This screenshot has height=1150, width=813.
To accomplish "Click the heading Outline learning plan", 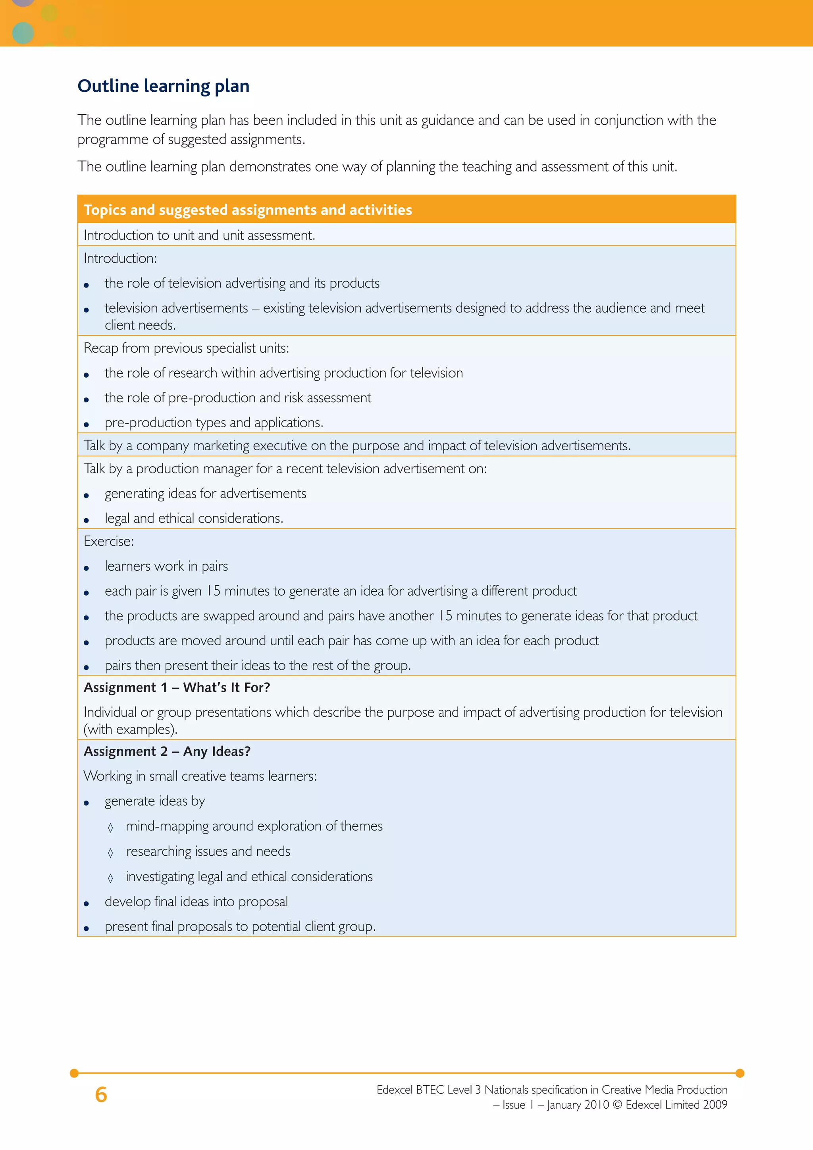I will tap(163, 86).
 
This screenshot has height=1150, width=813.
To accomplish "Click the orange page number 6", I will tap(101, 1094).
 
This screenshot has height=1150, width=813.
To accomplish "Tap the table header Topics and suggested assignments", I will tap(248, 210).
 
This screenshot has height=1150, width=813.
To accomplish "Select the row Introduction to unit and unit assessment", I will tap(199, 235).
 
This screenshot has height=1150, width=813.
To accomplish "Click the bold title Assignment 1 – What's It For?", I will tap(177, 688).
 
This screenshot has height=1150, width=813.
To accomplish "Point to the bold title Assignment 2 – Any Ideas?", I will tap(167, 751).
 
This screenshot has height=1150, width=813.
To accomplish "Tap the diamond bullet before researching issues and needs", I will tap(111, 853).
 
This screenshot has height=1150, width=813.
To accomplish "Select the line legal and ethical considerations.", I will tap(194, 518).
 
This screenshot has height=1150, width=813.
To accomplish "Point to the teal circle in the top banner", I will tap(23, 33).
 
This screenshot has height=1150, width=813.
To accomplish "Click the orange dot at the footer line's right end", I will tap(740, 1073).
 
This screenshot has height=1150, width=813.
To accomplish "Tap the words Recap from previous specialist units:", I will tap(186, 348).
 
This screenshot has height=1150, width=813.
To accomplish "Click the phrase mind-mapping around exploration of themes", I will tap(254, 826).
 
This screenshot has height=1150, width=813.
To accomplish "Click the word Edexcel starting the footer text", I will tap(395, 1090).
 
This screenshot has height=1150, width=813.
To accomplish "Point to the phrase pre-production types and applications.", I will tap(214, 423).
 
